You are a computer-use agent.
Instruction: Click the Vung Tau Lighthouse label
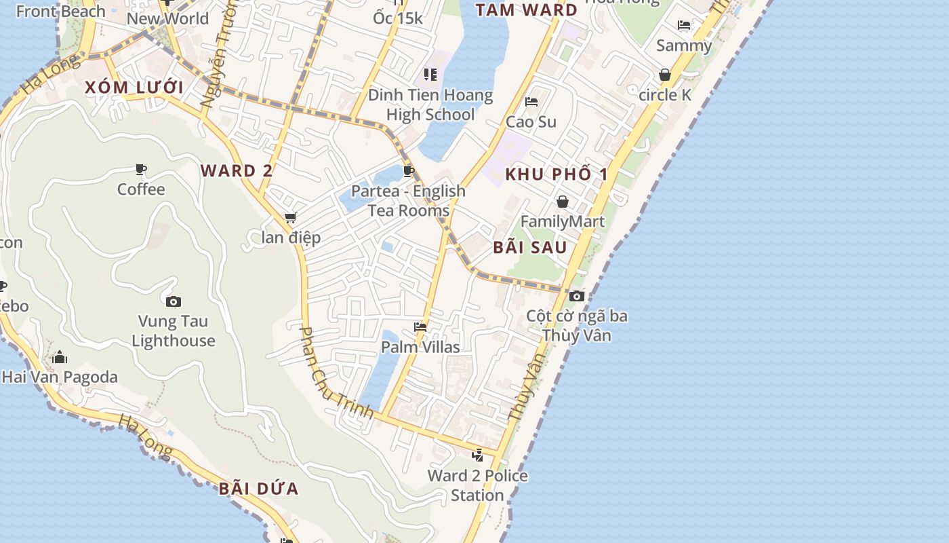174,331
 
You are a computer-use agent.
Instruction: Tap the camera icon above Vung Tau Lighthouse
174,301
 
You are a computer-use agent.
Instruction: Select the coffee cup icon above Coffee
141,169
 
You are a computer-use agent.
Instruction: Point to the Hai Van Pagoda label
60,377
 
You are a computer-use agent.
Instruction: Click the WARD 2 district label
237,171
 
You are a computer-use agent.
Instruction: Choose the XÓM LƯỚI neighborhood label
134,88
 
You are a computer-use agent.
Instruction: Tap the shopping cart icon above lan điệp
291,218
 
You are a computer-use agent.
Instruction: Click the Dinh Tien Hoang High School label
430,105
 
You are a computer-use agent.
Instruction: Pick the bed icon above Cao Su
531,102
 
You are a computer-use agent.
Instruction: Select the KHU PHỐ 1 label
557,174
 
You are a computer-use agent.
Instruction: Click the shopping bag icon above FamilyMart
563,202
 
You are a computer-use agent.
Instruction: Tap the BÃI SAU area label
530,247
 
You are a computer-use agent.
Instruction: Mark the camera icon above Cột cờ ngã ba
577,296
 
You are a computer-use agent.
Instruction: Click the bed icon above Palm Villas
420,327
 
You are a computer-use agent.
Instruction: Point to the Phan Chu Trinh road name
336,372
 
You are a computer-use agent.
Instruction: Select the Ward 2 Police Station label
477,485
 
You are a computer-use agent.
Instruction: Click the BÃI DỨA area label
259,489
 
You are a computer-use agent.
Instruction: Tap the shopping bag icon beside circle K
665,75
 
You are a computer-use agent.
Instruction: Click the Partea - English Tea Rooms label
408,200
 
